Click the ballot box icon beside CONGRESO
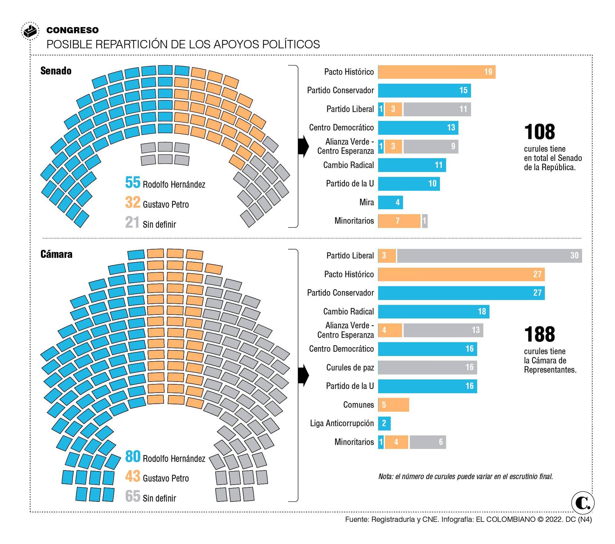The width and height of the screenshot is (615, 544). pos(30,31)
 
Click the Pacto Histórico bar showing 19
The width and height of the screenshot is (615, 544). pos(436,72)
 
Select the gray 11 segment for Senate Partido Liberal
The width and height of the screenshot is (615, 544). pos(437,109)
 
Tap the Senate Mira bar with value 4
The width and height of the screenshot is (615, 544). pos(390,202)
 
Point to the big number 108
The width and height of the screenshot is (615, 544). pos(539,132)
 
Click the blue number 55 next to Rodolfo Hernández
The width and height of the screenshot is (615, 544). pos(133,182)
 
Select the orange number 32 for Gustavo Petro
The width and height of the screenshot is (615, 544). pos(133,202)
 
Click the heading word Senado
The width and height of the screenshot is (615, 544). pos(56,71)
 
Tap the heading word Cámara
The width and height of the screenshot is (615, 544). pos(56,254)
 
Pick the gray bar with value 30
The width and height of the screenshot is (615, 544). pos(489,256)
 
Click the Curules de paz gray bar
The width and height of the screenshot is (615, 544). pos(427,367)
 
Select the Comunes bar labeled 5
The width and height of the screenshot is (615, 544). pos(393,405)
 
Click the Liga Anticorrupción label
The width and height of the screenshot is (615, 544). pos(342,423)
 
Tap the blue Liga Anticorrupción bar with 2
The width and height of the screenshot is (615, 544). pos(384,423)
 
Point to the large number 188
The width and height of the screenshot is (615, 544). pos(539,334)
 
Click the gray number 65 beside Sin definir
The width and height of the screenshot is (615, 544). pos(133,496)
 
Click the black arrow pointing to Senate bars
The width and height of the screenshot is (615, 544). pos(303,146)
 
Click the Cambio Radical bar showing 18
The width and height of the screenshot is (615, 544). pos(433,312)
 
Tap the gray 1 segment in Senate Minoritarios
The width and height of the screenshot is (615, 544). pos(425,221)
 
